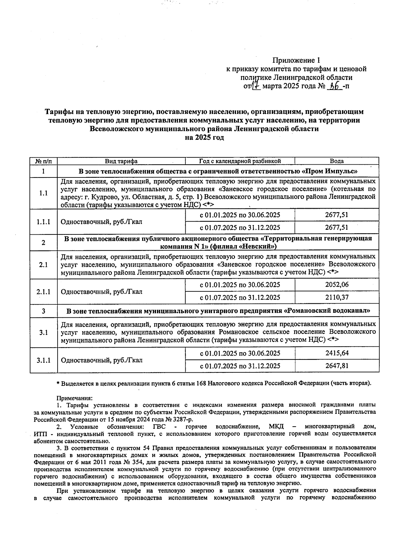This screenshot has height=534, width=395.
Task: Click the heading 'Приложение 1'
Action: coord(296,60)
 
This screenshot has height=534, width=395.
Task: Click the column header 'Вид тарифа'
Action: coord(121,161)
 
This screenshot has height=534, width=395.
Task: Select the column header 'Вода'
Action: coord(337,161)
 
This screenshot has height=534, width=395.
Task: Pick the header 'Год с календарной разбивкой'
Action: coord(240,161)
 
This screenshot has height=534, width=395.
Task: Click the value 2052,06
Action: coord(337,285)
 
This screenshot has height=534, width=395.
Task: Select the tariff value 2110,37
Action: coord(337,298)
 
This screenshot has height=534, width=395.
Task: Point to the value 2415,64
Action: coord(337,353)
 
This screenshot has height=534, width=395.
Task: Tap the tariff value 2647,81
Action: coord(337,366)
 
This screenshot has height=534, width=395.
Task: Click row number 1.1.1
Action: coord(43,222)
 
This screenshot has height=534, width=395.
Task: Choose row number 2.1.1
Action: coord(43,291)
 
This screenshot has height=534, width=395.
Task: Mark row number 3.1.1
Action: coord(43,360)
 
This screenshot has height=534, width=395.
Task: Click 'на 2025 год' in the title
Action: coord(204,138)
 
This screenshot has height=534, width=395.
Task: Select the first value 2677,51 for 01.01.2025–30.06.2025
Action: coord(337,215)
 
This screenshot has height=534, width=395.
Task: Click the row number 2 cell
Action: coord(43,243)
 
